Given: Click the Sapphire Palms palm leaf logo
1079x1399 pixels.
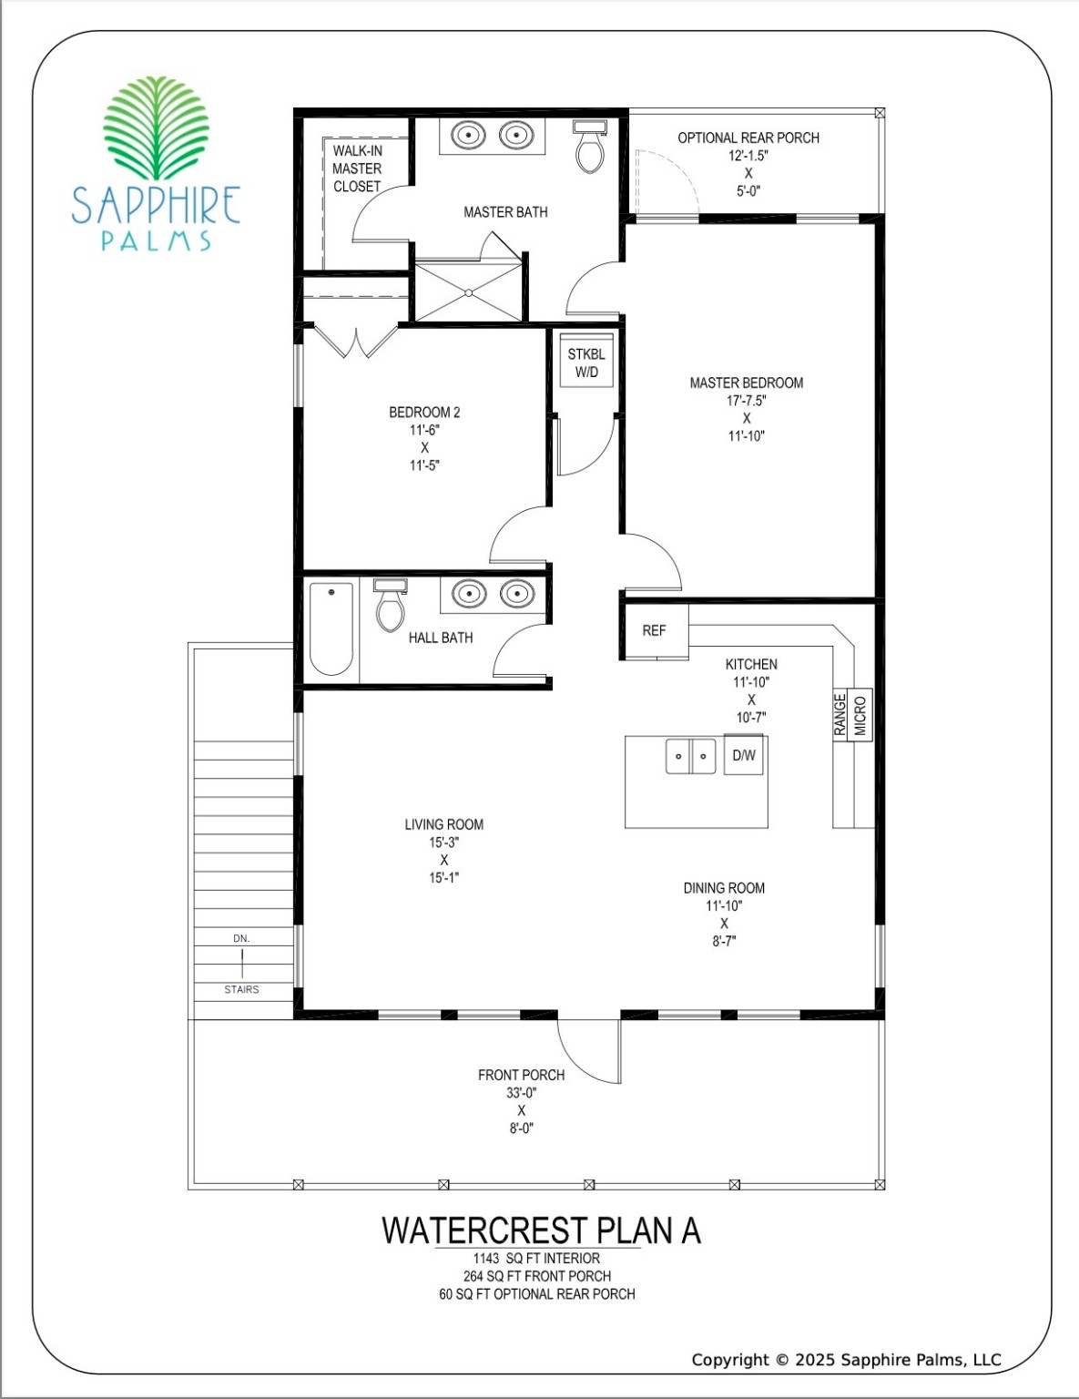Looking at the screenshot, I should pos(157,128).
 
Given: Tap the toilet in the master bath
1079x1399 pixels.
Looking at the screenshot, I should pos(590,150).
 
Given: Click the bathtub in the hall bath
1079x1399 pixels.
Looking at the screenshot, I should pos(331,628).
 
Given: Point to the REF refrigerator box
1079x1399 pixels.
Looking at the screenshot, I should pos(654,630).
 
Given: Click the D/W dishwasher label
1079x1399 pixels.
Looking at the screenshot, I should pos(744,755).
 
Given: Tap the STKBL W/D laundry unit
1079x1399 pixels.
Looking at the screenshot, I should pos(586,363).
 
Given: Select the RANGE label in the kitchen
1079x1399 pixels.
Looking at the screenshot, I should pos(840,714).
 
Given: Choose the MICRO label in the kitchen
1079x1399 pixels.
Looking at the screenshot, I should pos(860,714).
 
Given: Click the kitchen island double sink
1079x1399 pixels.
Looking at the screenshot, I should pos(690,756).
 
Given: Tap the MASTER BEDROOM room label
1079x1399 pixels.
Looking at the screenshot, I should pos(746,383).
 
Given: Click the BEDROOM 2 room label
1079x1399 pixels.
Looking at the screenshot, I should pos(424,413).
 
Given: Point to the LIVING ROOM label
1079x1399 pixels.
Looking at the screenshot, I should pos(443,825).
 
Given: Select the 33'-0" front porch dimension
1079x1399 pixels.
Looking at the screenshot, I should pos(522,1093).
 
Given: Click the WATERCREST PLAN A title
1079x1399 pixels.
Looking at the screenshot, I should pos(541,1231).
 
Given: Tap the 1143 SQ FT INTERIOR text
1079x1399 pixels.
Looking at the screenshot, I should pos(536,1259).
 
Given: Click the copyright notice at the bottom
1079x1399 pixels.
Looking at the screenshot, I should pos(846,1360).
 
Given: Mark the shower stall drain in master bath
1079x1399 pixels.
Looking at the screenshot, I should pos(468,292).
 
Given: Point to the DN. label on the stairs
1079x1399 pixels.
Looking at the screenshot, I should pos(241,938).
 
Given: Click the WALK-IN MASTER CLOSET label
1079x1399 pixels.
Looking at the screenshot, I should pos(357,168).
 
